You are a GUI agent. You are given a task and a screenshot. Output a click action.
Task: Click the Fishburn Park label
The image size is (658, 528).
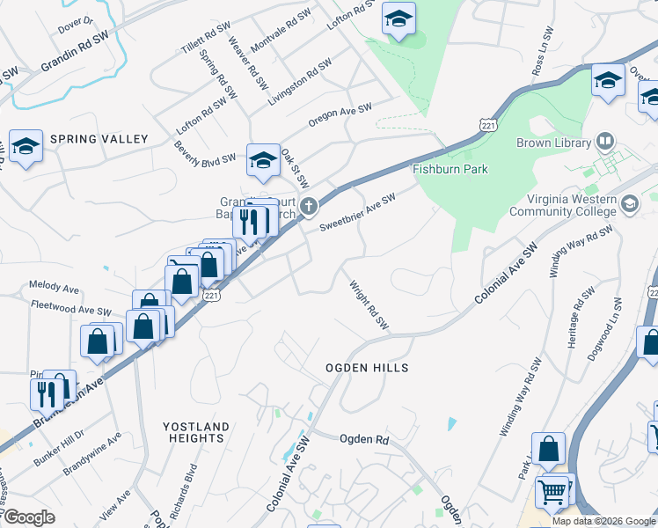[451, 169]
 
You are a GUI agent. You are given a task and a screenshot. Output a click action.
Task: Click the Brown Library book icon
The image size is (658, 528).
[604, 141]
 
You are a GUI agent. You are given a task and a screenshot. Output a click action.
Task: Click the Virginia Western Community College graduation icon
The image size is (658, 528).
[629, 204]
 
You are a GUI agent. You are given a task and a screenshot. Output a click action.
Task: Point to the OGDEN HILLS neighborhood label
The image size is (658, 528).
[368, 367]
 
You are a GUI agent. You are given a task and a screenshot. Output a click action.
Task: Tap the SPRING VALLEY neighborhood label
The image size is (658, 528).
[99, 139]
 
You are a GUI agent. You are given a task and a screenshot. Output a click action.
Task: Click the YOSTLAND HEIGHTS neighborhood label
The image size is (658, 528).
[196, 432]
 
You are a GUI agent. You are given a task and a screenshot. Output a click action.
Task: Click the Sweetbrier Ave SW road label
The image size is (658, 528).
[357, 212]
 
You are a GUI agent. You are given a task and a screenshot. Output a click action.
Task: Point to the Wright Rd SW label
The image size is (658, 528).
[369, 305]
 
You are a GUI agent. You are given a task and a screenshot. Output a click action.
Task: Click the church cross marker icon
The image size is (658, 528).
[308, 206]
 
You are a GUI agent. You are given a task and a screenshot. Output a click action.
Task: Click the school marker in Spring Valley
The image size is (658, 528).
[26, 146]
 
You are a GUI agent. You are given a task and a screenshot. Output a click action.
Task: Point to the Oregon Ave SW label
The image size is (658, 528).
[340, 115]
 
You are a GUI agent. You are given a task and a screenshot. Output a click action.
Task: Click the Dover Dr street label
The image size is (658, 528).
[76, 23]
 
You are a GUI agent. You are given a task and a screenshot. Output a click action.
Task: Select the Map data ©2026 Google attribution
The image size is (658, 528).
[603, 521]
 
